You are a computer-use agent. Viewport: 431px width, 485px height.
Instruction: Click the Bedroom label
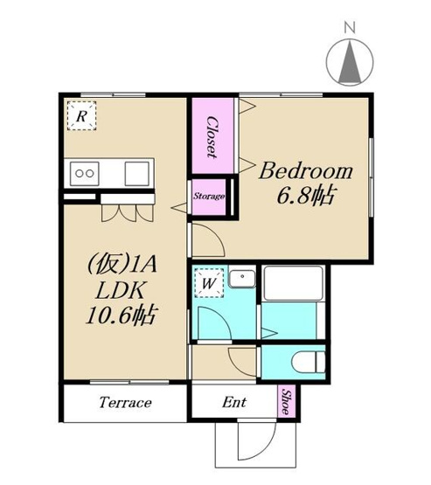pyautogui.click(x=306, y=171)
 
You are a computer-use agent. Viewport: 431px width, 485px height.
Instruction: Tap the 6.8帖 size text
pyautogui.click(x=306, y=196)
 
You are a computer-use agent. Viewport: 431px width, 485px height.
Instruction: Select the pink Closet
pyautogui.click(x=212, y=136)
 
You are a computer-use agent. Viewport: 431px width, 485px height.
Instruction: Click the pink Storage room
pyautogui.click(x=209, y=197)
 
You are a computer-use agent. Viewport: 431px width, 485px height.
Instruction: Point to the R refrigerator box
pyautogui.click(x=81, y=115)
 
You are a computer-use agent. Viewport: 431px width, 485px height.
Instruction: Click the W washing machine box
pyautogui.click(x=210, y=283)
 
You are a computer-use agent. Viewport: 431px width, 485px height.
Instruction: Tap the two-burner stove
pyautogui.click(x=85, y=173)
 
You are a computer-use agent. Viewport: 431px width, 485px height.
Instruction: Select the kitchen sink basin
pyautogui.click(x=137, y=173)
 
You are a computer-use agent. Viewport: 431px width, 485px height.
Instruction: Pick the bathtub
pyautogui.click(x=293, y=283)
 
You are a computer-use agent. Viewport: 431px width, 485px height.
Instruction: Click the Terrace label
pyautogui.click(x=125, y=403)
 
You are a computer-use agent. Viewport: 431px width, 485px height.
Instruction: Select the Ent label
pyautogui.click(x=234, y=402)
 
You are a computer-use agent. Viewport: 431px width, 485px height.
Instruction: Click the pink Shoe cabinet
pyautogui.click(x=287, y=401)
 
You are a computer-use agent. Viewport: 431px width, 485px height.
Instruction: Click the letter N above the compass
pyautogui.click(x=350, y=29)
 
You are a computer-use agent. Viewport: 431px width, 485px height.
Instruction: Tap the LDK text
pyautogui.click(x=120, y=290)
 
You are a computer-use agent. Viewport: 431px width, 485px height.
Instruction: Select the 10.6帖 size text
pyautogui.click(x=121, y=315)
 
